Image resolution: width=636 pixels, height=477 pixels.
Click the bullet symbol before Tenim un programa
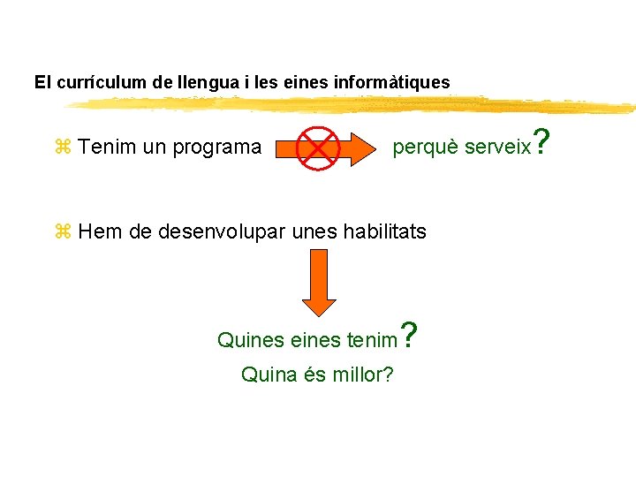point(63,147)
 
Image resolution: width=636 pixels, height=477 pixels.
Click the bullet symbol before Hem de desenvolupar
point(63,232)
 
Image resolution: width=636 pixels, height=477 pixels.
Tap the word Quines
point(250,339)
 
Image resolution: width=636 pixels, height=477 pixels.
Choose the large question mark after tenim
point(408,334)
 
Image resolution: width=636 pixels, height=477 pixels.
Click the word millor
point(362,375)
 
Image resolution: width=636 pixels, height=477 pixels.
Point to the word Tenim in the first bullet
point(105,147)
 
